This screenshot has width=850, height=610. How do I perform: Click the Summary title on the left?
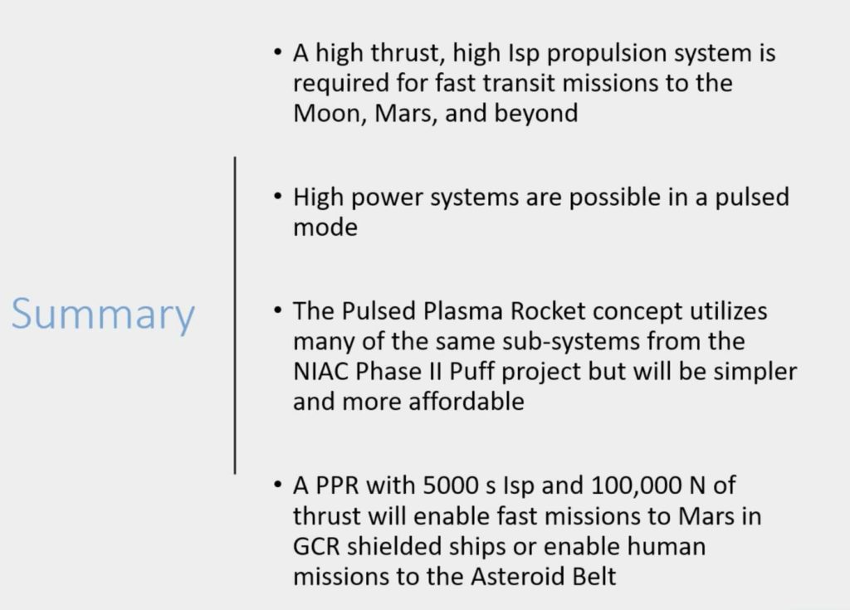point(103,315)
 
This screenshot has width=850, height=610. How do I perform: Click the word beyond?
point(535,112)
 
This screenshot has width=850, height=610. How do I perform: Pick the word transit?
point(503,84)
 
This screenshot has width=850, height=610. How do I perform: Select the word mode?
point(325,227)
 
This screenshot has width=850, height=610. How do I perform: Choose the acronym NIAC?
point(322,371)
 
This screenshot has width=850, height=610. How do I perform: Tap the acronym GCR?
point(317,546)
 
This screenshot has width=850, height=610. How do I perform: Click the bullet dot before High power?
point(277,198)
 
